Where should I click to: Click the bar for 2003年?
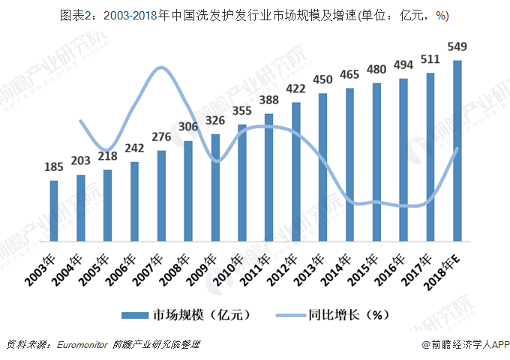click(x=54, y=212)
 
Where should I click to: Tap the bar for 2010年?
click(x=242, y=184)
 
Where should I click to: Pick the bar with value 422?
click(x=295, y=173)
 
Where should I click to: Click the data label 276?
click(x=162, y=137)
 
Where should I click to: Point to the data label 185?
click(x=54, y=167)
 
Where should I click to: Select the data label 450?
click(x=322, y=80)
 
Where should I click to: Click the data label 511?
click(x=430, y=60)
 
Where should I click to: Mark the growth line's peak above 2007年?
click(x=160, y=68)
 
